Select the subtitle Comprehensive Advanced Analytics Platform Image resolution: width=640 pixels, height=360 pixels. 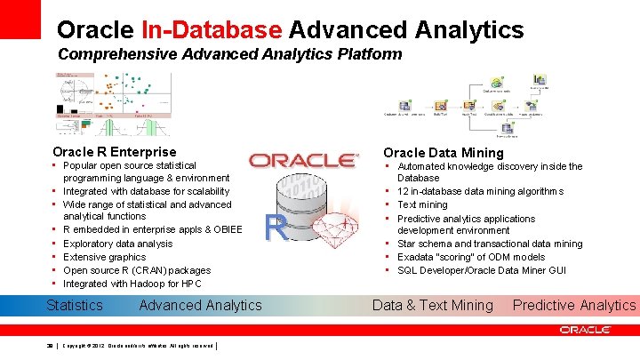229,54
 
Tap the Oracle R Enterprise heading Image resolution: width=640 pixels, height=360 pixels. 115,152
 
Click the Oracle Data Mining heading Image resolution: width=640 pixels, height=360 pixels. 444,152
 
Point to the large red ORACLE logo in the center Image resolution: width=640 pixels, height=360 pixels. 302,161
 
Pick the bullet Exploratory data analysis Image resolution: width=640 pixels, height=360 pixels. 118,243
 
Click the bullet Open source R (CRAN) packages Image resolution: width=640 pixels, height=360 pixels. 137,270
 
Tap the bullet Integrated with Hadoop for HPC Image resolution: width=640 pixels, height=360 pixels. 132,284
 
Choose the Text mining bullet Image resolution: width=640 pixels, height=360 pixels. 422,204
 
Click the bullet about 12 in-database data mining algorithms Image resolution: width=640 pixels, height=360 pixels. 468,191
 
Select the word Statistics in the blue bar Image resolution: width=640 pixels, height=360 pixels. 75,305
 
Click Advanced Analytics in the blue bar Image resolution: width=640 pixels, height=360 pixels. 201,305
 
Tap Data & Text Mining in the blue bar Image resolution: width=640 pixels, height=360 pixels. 433,305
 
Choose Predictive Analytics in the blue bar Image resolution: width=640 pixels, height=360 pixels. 574,305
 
